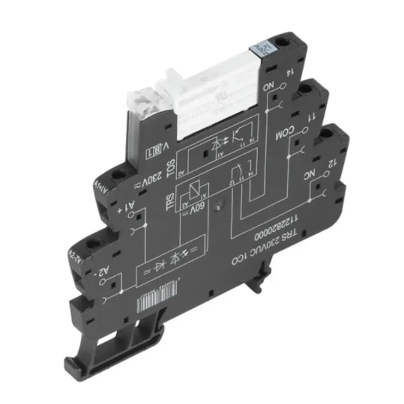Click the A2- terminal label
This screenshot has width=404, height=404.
pos(105,273)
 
